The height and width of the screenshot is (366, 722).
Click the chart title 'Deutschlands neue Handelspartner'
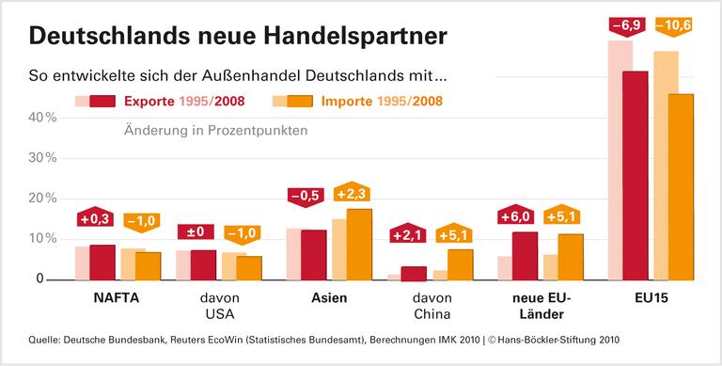(x=238, y=36)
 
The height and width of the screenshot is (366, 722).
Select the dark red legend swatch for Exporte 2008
(x=102, y=101)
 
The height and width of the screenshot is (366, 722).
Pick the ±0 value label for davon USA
(x=196, y=231)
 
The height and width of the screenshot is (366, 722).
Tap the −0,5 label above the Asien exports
(x=306, y=196)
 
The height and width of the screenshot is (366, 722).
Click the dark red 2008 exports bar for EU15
(x=635, y=175)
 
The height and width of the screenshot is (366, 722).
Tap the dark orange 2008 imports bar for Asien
(x=359, y=244)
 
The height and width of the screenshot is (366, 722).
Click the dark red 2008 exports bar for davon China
(x=414, y=273)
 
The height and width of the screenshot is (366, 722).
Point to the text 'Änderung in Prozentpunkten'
(x=215, y=131)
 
